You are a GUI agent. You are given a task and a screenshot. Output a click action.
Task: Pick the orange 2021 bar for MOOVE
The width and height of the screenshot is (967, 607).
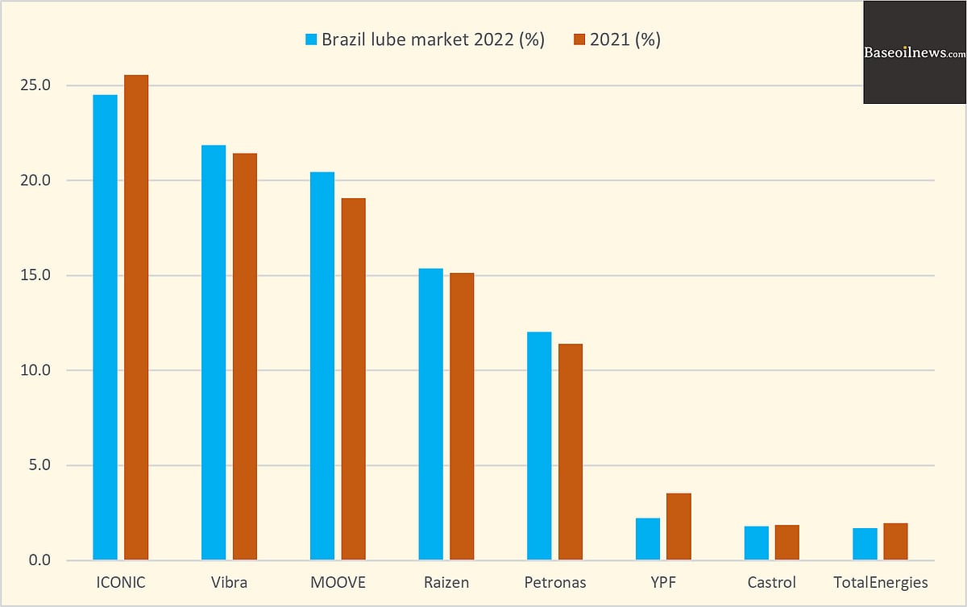[353, 378]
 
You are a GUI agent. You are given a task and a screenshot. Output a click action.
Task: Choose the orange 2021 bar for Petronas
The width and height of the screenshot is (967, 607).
[570, 452]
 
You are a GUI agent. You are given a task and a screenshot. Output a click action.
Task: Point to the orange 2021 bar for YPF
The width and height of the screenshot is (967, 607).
[679, 526]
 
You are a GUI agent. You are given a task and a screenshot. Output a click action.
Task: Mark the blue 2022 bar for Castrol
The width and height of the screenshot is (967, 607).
[756, 543]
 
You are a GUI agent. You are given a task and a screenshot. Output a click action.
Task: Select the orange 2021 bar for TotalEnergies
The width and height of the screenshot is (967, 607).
[895, 541]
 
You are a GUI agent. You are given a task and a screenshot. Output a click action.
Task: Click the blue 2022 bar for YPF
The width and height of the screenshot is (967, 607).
[648, 539]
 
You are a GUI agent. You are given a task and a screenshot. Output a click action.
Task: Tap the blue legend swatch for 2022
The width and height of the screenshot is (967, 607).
[312, 39]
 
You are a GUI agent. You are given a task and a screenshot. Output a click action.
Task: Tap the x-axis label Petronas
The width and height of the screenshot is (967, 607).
[554, 582]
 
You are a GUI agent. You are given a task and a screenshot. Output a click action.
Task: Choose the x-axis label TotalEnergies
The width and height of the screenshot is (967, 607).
[880, 582]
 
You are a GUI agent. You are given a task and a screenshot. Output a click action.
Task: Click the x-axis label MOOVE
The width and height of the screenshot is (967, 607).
[338, 582]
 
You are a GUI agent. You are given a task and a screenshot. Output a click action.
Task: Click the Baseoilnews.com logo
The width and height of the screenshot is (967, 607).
[915, 53]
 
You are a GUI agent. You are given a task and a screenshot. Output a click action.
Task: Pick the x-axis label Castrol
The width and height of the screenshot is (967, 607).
[771, 582]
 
